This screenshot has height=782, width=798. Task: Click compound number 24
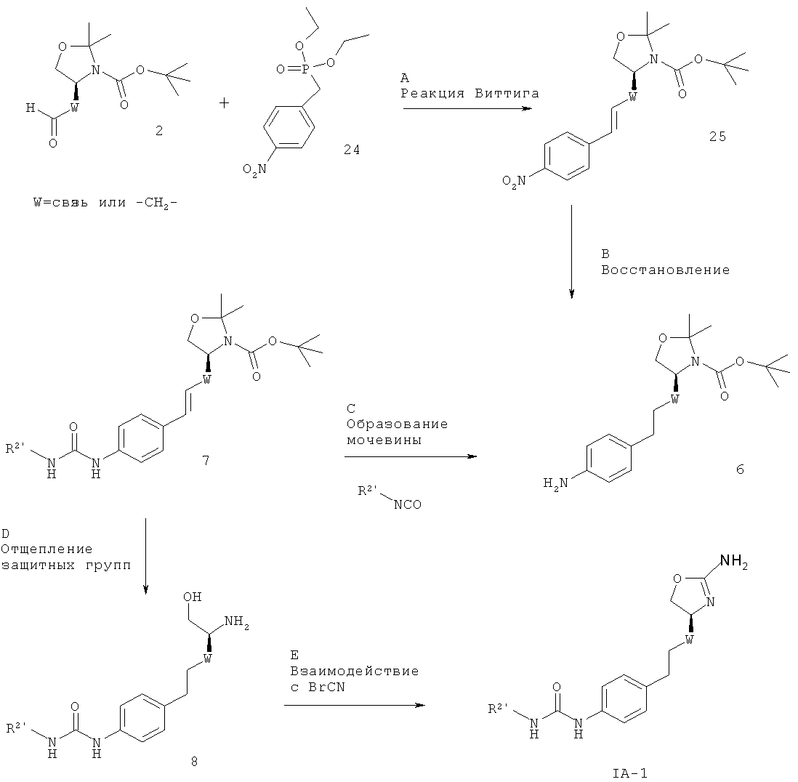pyautogui.click(x=351, y=150)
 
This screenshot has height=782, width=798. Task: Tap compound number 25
pyautogui.click(x=717, y=137)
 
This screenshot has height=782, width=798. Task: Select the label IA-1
pyautogui.click(x=630, y=773)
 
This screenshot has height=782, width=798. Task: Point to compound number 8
pyautogui.click(x=194, y=761)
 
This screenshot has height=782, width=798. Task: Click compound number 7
pyautogui.click(x=206, y=461)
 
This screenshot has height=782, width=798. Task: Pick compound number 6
pyautogui.click(x=740, y=469)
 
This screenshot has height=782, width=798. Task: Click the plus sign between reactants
pyautogui.click(x=224, y=103)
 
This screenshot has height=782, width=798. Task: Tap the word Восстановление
pyautogui.click(x=666, y=270)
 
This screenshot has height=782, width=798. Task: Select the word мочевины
pyautogui.click(x=384, y=440)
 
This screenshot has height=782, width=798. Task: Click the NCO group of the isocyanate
pyautogui.click(x=408, y=504)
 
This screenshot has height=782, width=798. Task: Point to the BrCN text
pyautogui.click(x=327, y=687)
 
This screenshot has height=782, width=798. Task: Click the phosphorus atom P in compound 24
pyautogui.click(x=305, y=70)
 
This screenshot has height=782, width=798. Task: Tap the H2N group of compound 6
pyautogui.click(x=556, y=483)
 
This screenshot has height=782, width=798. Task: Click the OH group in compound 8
pyautogui.click(x=193, y=596)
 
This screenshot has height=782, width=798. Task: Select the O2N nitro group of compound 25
pyautogui.click(x=514, y=182)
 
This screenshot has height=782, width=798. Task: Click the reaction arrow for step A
pyautogui.click(x=467, y=108)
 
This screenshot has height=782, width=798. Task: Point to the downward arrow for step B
pyautogui.click(x=571, y=251)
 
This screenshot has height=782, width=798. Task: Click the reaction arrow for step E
pyautogui.click(x=354, y=705)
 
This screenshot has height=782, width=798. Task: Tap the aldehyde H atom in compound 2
pyautogui.click(x=31, y=108)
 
